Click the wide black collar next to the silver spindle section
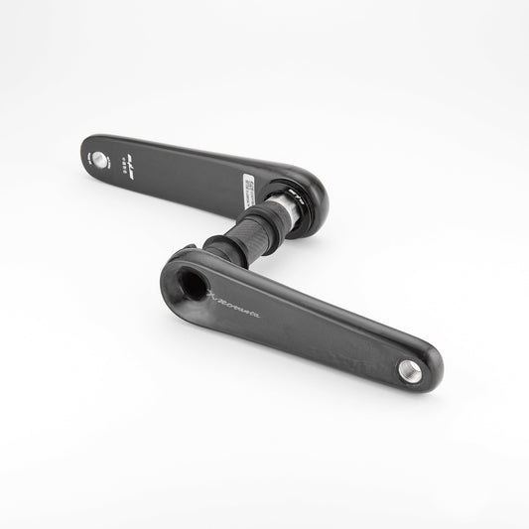260,219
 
